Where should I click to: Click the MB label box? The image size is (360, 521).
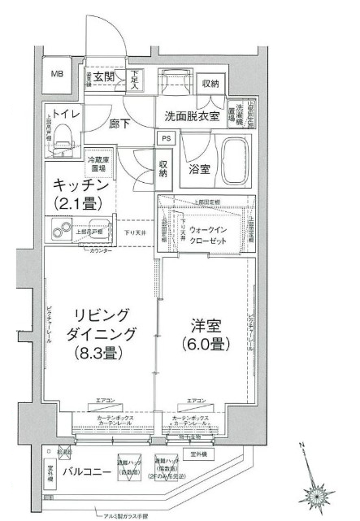coord(57,74)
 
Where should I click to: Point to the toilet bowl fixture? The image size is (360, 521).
coord(63,130)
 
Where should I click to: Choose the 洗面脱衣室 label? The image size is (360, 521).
coord(192,115)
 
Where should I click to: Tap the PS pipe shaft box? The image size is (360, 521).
coord(165,138)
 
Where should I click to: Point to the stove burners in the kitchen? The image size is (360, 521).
coord(61,228)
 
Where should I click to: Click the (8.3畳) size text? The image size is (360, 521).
coord(99,354)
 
